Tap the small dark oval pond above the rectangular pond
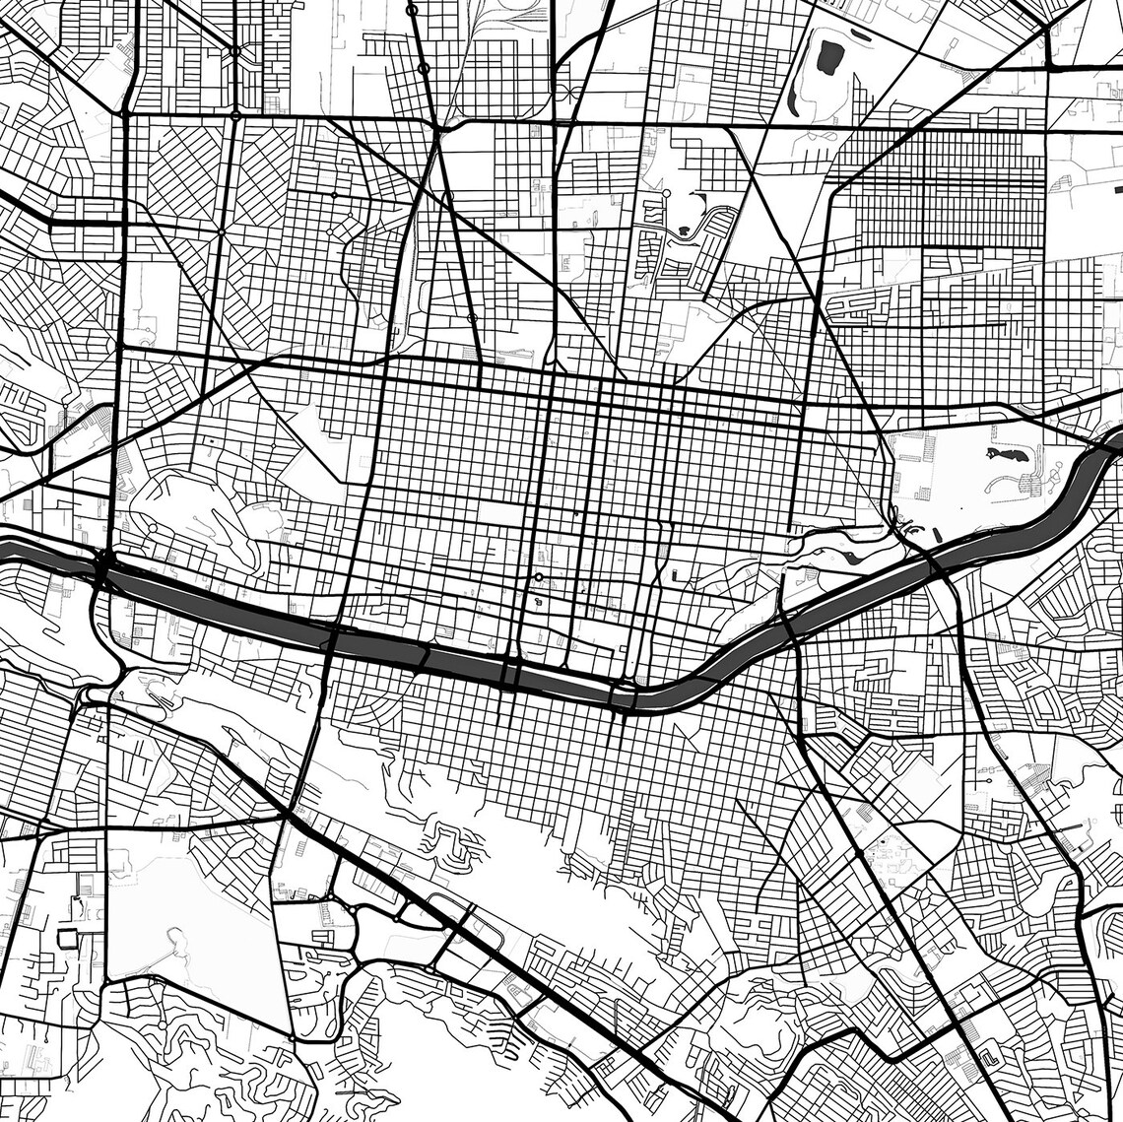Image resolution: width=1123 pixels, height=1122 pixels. [x=854, y=36]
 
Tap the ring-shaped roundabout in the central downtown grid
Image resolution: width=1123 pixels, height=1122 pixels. [x=539, y=577]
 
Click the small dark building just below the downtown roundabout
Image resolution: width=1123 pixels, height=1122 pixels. [x=539, y=598]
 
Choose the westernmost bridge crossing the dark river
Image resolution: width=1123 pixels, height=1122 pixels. [x=104, y=566]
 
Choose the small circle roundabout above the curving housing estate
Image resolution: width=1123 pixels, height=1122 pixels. [x=666, y=192]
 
